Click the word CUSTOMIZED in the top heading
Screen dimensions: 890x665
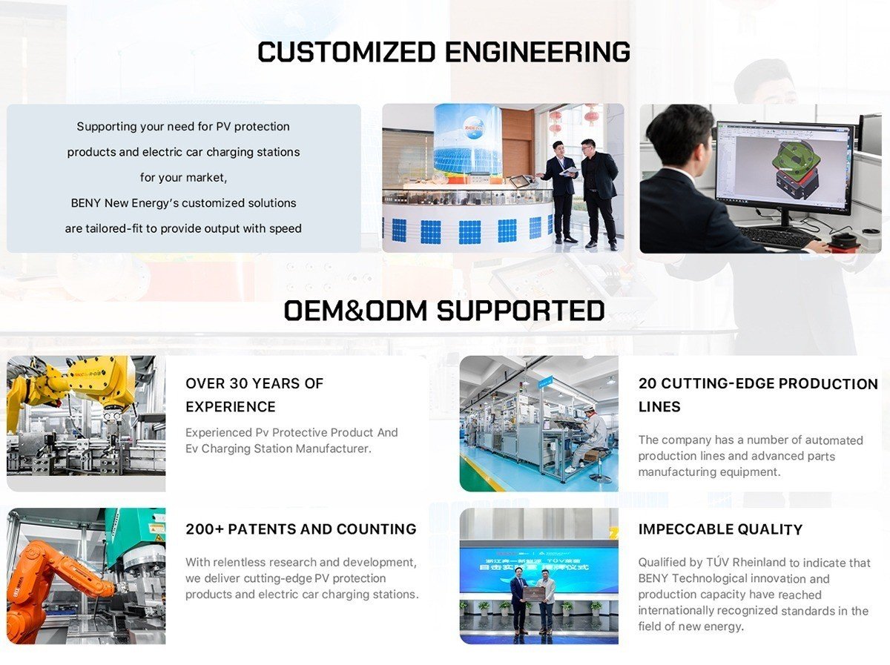346,53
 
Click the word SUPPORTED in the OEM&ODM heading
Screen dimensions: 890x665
521,311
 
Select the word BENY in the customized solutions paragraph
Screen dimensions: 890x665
86,202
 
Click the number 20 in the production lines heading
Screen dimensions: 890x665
647,383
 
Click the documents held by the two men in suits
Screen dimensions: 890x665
569,171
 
